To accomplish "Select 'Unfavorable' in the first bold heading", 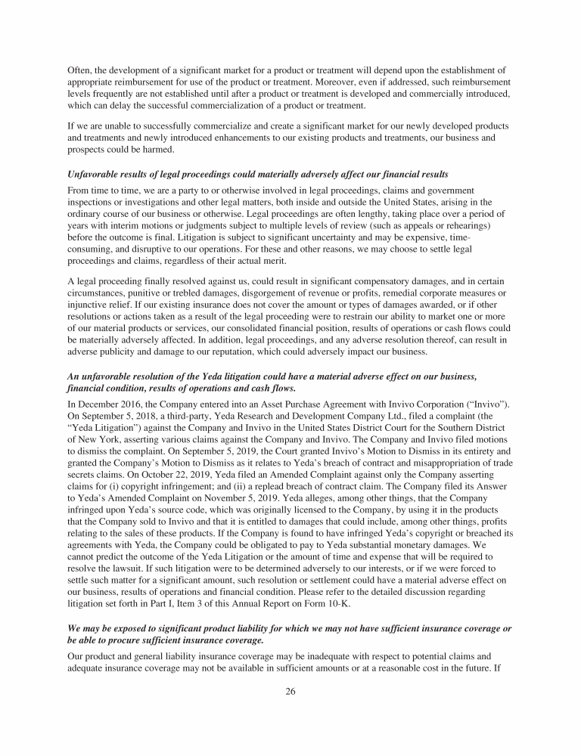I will pos(97,175).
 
